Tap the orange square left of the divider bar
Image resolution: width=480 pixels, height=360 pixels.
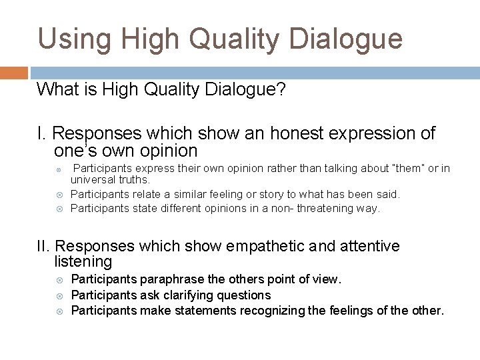click(13, 71)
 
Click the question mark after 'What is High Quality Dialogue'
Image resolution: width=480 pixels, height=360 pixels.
click(282, 90)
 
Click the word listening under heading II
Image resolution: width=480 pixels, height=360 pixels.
click(83, 262)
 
